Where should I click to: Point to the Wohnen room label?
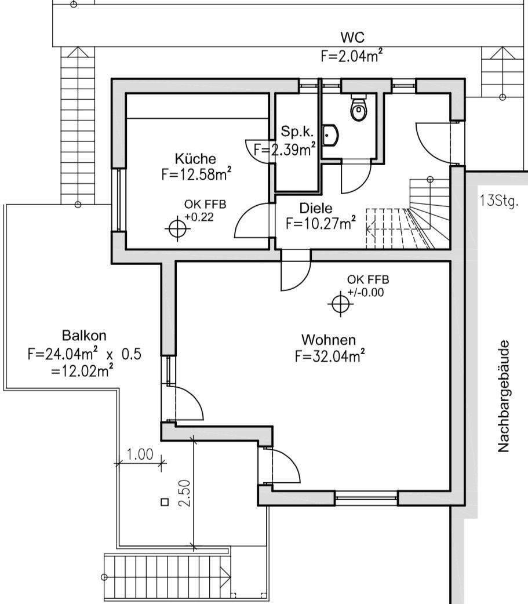pyautogui.click(x=329, y=340)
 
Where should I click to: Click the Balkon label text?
pyautogui.click(x=84, y=336)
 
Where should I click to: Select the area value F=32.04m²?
pyautogui.click(x=329, y=356)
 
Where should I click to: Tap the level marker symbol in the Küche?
pyautogui.click(x=177, y=228)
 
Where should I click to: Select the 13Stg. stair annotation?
pyautogui.click(x=499, y=202)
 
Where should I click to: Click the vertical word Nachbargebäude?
pyautogui.click(x=503, y=396)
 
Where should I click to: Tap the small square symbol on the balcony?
pyautogui.click(x=164, y=503)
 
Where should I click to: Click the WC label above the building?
pyautogui.click(x=352, y=38)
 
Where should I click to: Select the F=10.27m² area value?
pyautogui.click(x=321, y=224)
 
